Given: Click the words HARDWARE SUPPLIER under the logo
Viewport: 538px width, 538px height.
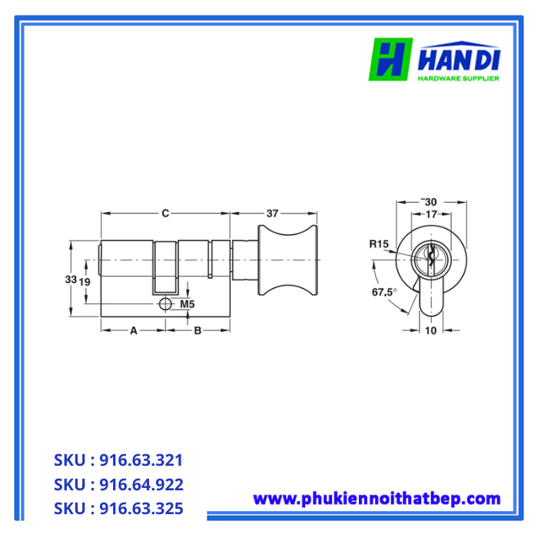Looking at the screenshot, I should pos(459,78).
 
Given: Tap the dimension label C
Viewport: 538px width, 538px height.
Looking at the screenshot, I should pos(164,214).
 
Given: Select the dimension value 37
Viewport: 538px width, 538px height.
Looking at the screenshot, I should pos(273,214).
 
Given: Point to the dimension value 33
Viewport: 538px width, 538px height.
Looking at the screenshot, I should pos(70,279).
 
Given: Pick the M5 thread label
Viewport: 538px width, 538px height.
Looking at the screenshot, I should pos(187,304).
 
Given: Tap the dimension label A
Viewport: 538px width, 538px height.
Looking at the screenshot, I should pos(133,330).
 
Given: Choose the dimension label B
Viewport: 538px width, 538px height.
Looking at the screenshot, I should pos(198,330).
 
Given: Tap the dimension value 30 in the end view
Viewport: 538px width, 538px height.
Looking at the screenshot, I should pos(430,201).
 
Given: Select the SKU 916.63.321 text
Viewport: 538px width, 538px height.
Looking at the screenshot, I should pos(118,460).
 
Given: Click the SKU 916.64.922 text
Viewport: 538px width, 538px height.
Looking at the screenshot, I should pos(118,485).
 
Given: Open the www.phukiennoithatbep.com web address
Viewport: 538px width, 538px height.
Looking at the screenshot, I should pos(377,499).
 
